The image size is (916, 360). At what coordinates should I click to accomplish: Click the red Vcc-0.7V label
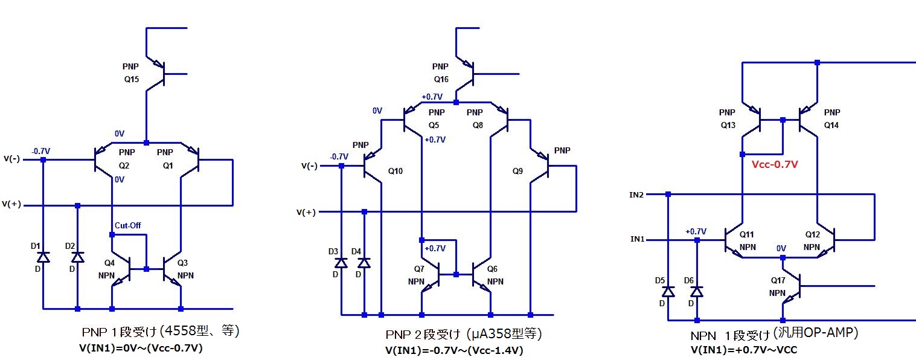(x=775, y=164)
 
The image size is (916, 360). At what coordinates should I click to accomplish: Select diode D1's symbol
(x=43, y=257)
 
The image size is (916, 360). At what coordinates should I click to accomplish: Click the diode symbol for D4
(x=364, y=263)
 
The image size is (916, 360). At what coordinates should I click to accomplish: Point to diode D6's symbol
(x=697, y=291)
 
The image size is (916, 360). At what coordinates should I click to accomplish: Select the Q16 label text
(x=442, y=79)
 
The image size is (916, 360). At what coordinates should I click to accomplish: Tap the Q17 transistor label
(x=778, y=281)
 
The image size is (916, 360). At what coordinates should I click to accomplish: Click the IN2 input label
(x=636, y=194)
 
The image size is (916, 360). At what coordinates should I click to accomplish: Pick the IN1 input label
(x=636, y=240)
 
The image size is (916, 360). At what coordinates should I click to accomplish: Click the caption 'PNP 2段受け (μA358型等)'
(x=464, y=334)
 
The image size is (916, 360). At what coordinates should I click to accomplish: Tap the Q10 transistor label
(x=395, y=171)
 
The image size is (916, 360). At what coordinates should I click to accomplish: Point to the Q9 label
(x=517, y=171)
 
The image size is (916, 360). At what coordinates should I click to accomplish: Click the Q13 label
(x=728, y=126)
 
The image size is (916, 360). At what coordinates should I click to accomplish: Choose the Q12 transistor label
(x=813, y=234)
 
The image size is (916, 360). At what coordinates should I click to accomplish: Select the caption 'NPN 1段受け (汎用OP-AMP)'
(x=774, y=333)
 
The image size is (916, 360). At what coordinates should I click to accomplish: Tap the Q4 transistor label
(x=109, y=263)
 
